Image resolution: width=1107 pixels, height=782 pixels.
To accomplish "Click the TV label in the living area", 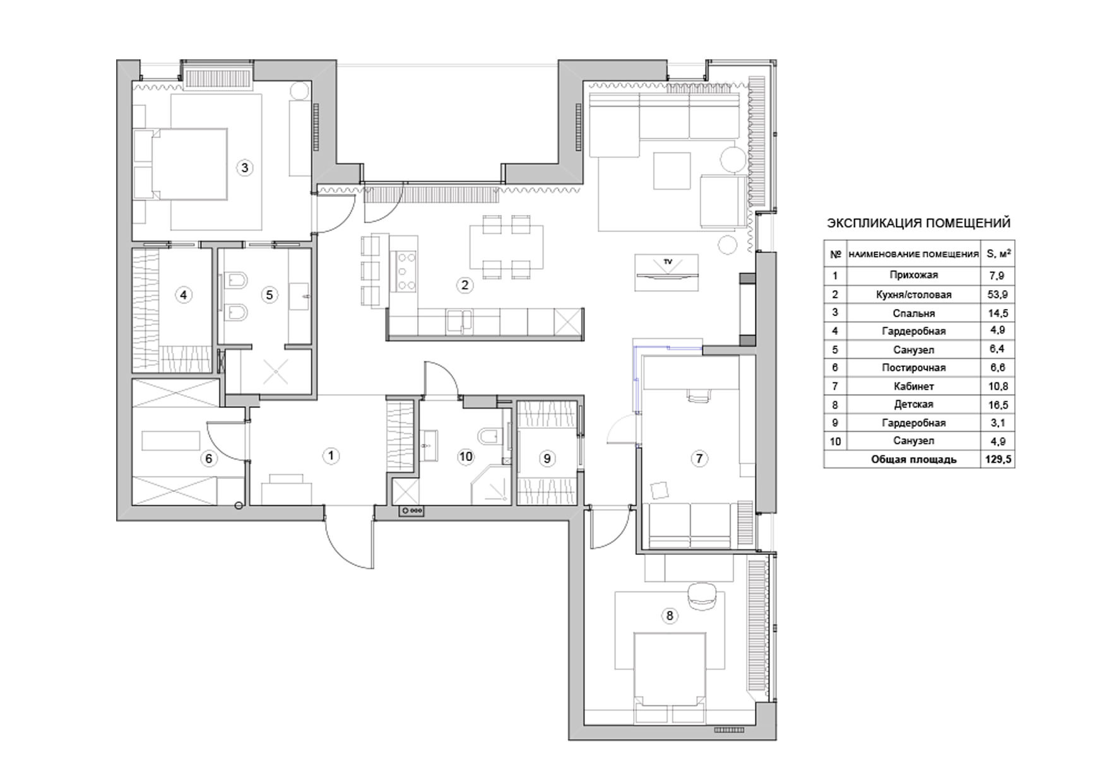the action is point(666,260).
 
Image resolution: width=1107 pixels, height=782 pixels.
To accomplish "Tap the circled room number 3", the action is point(244,167).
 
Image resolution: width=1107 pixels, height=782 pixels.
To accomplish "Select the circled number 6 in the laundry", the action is point(209,458).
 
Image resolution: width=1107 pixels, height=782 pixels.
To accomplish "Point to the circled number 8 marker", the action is point(669,616).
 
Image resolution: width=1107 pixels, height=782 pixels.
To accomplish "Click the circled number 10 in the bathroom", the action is point(466,457).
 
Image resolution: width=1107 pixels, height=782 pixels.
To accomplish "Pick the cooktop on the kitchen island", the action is point(404,272).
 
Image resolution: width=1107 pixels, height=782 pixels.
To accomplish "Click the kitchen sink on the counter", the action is point(459,320).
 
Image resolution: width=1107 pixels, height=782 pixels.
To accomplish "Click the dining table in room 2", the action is point(506,247).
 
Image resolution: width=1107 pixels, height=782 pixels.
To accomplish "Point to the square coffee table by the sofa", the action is point(672,170).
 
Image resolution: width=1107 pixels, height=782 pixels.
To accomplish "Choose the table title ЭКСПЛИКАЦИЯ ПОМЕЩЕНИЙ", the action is point(918,223).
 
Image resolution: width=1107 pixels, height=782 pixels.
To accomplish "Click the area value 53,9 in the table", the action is point(997,294).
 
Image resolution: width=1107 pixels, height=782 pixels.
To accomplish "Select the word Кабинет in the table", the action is point(913,386).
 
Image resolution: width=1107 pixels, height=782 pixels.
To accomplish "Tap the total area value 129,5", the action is point(998,459).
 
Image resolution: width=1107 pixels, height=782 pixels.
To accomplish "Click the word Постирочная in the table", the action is point(913,368).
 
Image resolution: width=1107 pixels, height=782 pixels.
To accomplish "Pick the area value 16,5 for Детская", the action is point(997,404).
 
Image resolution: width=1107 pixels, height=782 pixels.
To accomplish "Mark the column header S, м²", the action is point(997,254).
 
